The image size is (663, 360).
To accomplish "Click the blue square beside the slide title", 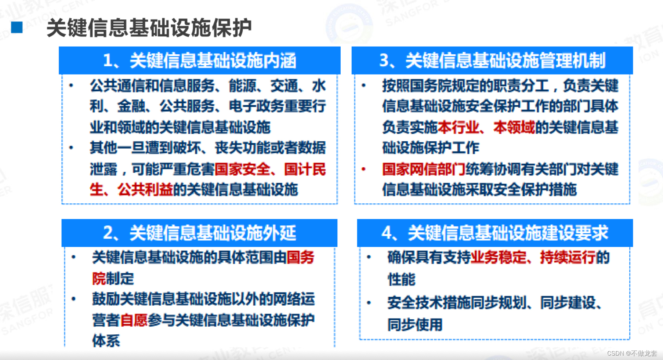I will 17,28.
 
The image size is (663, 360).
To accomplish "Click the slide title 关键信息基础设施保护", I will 149,28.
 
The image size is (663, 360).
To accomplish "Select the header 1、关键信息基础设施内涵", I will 199,61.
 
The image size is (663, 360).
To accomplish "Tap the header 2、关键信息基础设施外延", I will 199,233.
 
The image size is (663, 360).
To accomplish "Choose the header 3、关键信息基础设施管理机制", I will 492,61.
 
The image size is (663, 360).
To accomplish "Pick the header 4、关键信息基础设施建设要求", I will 494,233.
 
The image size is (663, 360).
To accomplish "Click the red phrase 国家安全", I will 242,169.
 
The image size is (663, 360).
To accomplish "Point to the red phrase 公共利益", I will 145,190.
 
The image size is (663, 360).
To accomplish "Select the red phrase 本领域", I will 514,127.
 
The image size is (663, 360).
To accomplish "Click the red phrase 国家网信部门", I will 424,169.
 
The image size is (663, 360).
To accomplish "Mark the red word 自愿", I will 134,320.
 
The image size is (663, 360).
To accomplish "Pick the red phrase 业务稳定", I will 499,257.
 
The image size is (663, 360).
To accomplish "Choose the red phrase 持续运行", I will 568,257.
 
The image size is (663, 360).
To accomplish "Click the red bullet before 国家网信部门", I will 363,169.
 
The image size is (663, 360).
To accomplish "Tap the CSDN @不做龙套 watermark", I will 632,353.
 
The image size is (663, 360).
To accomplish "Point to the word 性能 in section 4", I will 401,279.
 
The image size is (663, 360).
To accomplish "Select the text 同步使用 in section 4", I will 415,325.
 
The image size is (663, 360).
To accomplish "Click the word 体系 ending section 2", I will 106,341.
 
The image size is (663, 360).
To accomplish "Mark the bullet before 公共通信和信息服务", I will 71,86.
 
